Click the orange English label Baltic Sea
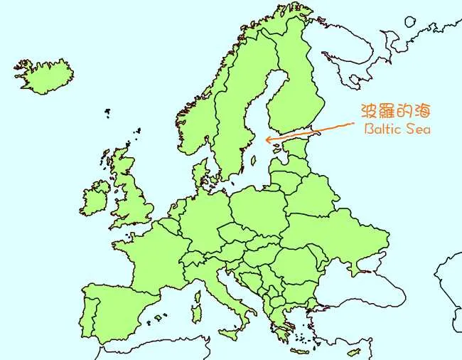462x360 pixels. (x=397, y=129)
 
